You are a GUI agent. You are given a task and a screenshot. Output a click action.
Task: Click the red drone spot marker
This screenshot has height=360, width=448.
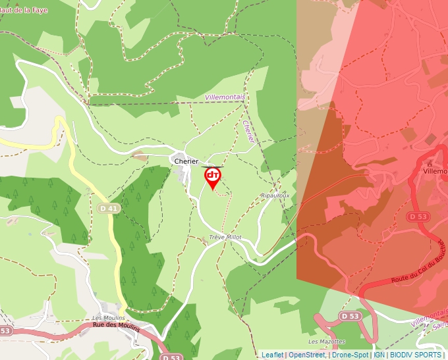(x=213, y=176)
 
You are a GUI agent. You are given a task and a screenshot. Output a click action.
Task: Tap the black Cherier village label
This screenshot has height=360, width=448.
(x=186, y=161)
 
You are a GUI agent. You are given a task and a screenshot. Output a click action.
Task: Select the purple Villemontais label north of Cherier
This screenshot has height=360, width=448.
(x=225, y=97)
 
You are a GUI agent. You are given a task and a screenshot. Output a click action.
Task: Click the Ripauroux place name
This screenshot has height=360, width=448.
(x=275, y=195)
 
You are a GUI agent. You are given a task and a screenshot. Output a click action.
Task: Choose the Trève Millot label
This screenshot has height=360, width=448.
(x=225, y=237)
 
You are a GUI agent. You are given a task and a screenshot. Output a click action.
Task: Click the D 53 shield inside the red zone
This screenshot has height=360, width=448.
(x=419, y=217)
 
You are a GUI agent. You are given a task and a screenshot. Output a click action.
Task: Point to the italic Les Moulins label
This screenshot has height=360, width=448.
(x=109, y=318)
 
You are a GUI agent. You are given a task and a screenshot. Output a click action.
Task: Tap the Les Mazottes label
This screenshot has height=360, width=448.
(x=327, y=342)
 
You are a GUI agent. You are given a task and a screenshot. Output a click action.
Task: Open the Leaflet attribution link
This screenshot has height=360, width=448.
(x=272, y=355)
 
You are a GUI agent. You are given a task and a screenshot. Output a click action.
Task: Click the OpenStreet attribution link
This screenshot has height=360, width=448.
(x=306, y=355)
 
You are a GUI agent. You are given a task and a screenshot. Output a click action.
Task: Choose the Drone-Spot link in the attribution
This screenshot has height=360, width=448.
(x=350, y=355)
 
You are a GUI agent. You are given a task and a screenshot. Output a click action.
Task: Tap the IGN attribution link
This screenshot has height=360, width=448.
(x=379, y=355)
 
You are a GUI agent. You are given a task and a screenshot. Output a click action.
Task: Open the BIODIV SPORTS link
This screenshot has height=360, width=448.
(x=415, y=355)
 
